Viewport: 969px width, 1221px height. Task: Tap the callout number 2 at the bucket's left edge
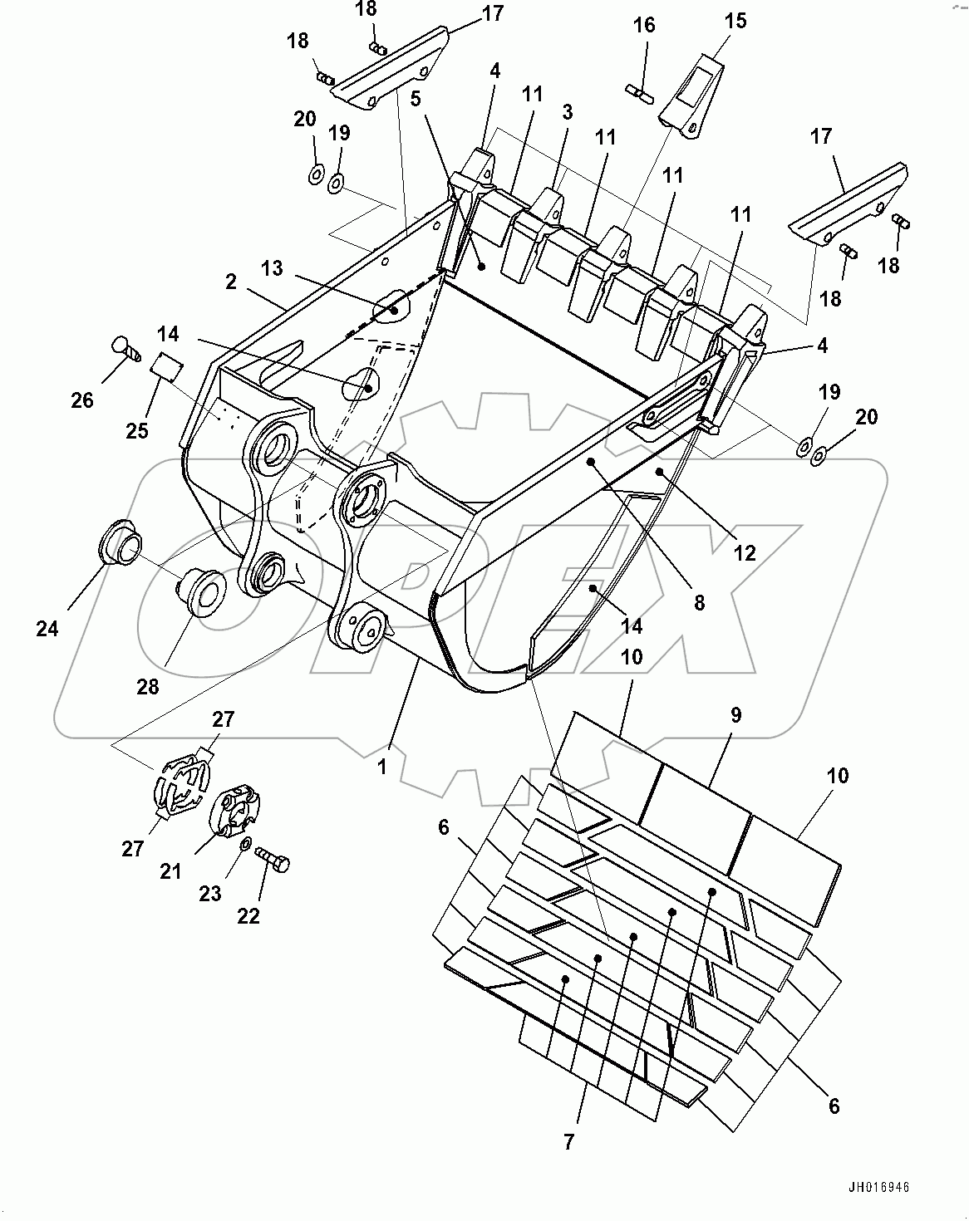(232, 282)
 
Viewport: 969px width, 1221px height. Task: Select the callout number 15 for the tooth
(735, 20)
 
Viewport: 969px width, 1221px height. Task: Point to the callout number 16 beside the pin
(644, 25)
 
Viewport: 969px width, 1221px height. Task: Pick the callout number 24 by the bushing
(47, 629)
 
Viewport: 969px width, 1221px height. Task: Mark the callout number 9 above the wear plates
(735, 714)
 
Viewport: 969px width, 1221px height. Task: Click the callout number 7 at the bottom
(568, 1142)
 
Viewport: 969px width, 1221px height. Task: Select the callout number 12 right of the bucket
(745, 552)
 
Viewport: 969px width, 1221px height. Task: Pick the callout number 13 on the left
(271, 268)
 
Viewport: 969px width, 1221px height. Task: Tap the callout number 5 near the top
(416, 98)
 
